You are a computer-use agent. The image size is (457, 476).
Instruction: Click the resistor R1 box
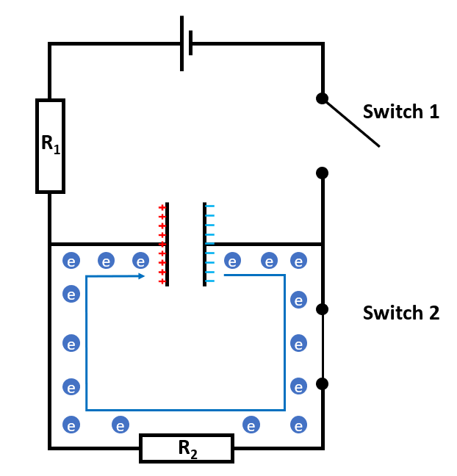(x=50, y=145)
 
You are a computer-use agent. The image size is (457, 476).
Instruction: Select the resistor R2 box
(x=187, y=448)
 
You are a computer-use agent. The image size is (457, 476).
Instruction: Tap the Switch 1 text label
(x=400, y=112)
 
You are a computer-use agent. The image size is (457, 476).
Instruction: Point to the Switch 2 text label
(x=400, y=313)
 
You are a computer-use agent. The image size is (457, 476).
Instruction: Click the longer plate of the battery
(x=181, y=44)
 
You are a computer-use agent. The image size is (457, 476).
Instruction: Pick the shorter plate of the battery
(x=191, y=43)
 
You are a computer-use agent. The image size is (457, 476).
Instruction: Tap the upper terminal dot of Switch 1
(x=322, y=98)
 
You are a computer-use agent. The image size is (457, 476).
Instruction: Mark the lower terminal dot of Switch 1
(x=322, y=173)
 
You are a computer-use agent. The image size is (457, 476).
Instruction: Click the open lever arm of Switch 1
(x=351, y=123)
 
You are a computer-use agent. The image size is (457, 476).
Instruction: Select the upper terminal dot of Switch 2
(x=322, y=309)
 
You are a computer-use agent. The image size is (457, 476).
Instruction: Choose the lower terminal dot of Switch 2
(x=322, y=383)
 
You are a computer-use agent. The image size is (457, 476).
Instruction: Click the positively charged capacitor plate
(x=168, y=244)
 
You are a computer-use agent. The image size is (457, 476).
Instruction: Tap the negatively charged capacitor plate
(x=204, y=244)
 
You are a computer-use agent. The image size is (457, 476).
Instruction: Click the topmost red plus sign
(x=162, y=208)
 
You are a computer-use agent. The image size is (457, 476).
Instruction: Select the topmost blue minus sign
(x=210, y=208)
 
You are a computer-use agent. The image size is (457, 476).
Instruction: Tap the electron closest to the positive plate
(x=141, y=261)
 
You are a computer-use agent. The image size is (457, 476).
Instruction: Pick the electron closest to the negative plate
(x=232, y=261)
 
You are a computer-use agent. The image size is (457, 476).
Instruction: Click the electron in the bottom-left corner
(x=71, y=425)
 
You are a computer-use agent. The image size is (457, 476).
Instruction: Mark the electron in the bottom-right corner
(x=298, y=425)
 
